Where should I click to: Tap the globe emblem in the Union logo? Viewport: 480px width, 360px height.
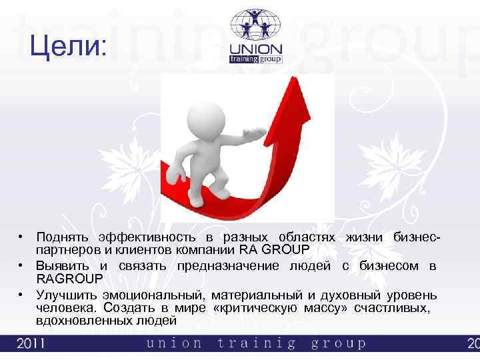coord(256,26)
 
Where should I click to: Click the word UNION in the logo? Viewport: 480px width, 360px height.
coord(256,49)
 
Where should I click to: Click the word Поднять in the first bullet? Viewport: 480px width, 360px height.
coord(63,237)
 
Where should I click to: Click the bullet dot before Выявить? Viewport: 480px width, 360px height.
coord(22,266)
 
